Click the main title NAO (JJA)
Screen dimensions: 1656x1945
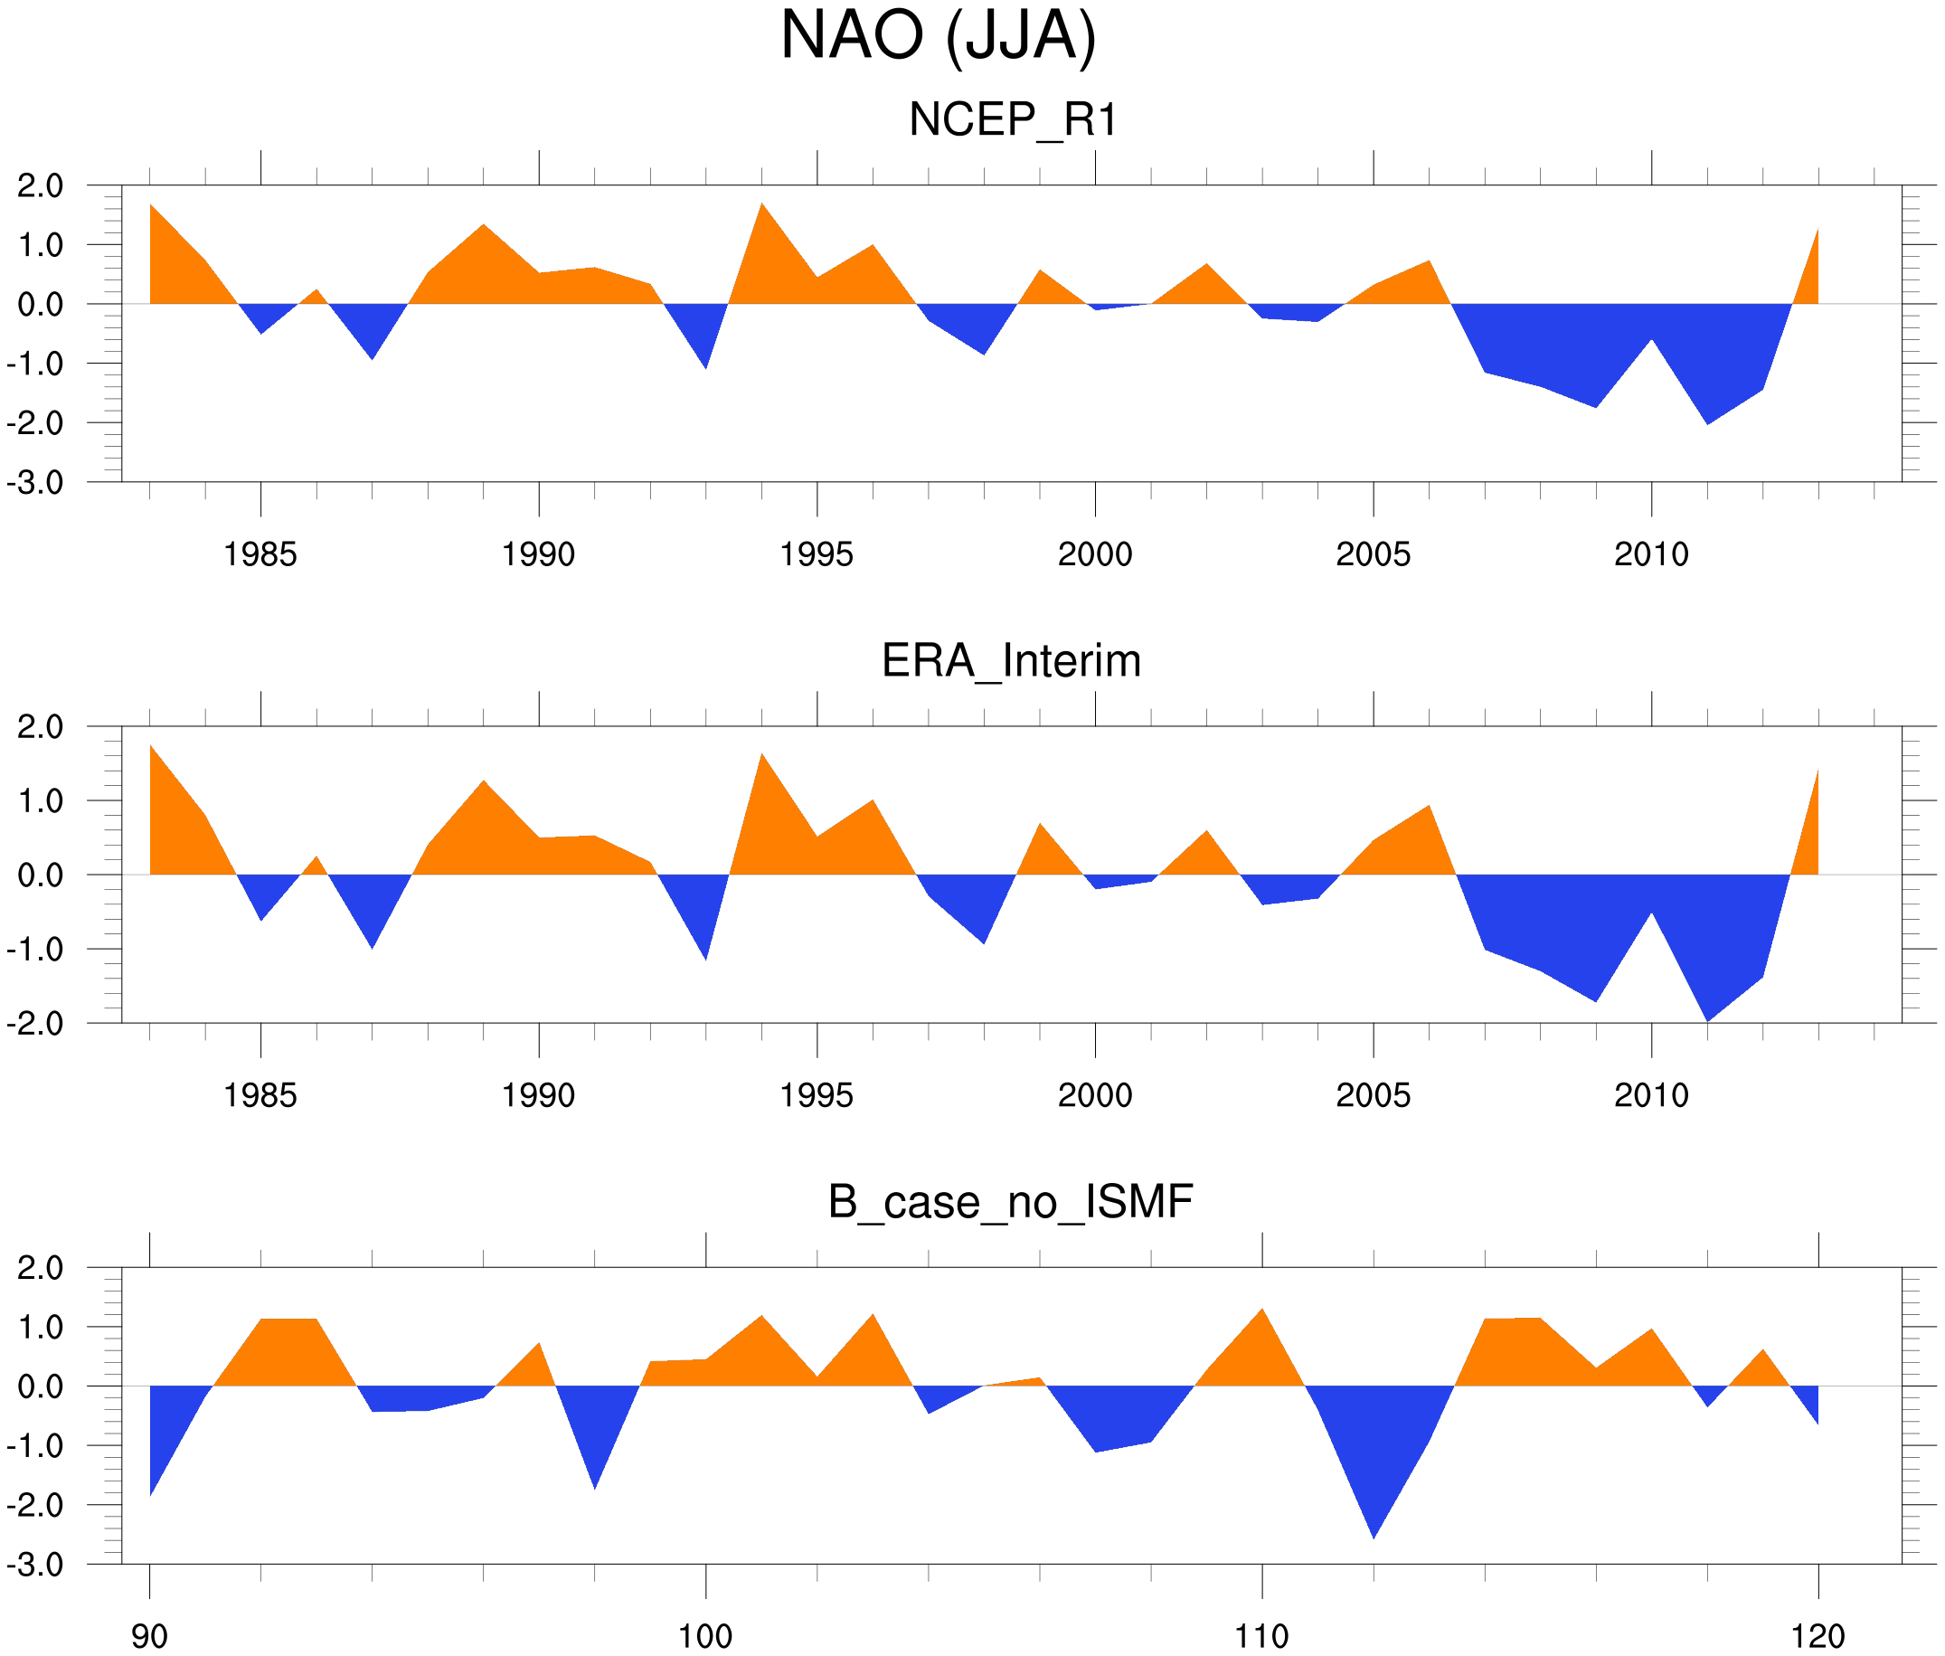coord(938,38)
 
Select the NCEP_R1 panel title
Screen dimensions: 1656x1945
coord(1013,120)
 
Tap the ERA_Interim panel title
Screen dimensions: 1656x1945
coord(1011,661)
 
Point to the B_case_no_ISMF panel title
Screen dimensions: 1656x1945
coord(1010,1202)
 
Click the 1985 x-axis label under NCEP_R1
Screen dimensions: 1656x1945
coord(260,554)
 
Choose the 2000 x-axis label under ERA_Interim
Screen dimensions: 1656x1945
coord(1094,1095)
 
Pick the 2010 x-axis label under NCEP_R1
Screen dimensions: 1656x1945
coord(1651,554)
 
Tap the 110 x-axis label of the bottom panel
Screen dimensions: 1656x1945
coord(1261,1636)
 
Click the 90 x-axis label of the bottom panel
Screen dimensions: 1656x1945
coord(149,1636)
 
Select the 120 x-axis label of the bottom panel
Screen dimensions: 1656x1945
coord(1818,1636)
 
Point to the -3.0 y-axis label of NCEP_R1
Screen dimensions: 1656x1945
coord(34,484)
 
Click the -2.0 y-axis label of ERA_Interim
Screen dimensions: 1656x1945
coord(34,1023)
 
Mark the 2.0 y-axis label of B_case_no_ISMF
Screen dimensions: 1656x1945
coord(41,1268)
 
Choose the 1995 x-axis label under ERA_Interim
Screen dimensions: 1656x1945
coord(817,1095)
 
